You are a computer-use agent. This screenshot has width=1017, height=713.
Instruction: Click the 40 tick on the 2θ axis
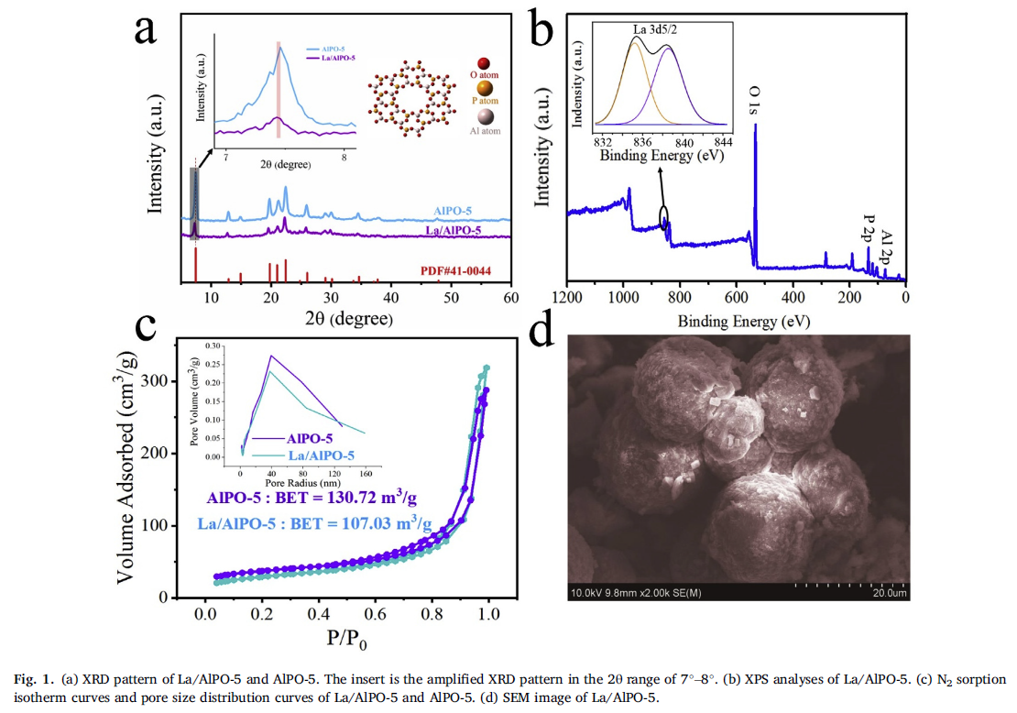(390, 298)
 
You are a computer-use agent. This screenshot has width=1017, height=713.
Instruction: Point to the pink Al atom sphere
(485, 116)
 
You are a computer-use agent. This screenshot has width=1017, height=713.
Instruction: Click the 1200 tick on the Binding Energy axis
(568, 298)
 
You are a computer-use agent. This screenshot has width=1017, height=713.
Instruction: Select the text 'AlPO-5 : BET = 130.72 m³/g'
(312, 499)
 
